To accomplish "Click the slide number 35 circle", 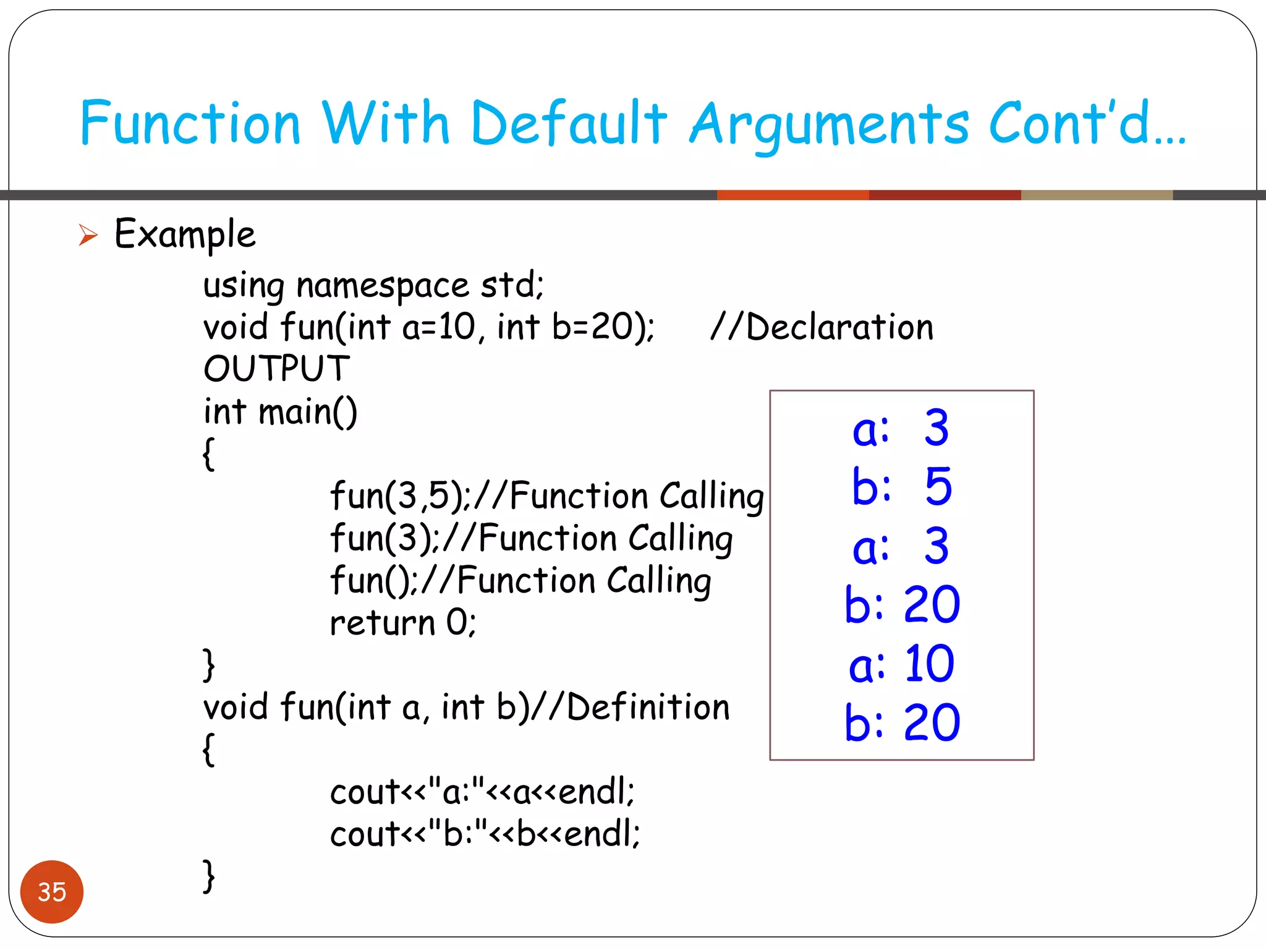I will click(x=52, y=891).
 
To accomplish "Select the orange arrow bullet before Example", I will click(x=88, y=235).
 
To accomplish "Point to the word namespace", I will click(x=383, y=286).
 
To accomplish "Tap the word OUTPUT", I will click(x=276, y=369).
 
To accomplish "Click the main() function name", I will click(x=308, y=412).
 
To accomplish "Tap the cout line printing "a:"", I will click(x=482, y=792).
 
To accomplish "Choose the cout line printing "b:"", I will click(x=485, y=834).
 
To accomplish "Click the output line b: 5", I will click(x=902, y=486).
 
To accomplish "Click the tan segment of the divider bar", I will click(x=1097, y=195).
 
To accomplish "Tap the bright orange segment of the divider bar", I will click(x=792, y=195).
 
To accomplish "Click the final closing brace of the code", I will click(x=209, y=876).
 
